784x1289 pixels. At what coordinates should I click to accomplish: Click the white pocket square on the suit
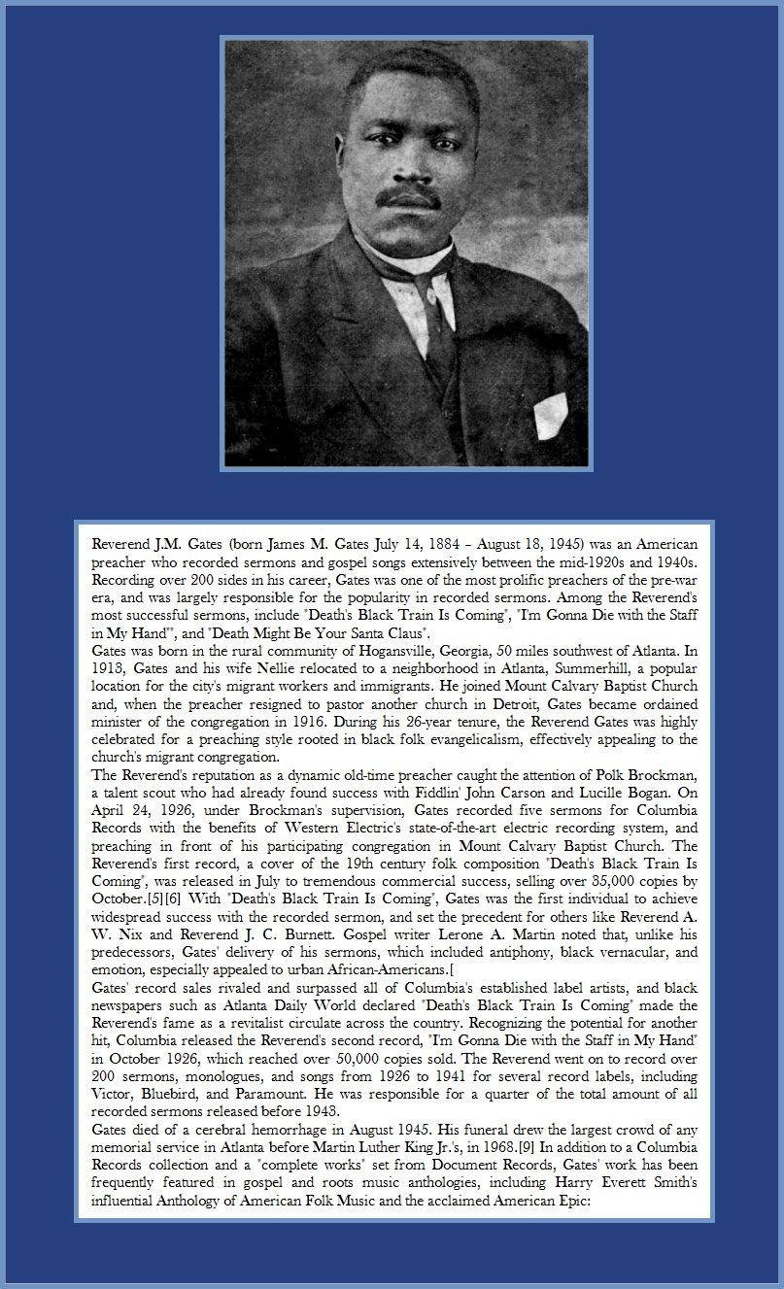tap(550, 417)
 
